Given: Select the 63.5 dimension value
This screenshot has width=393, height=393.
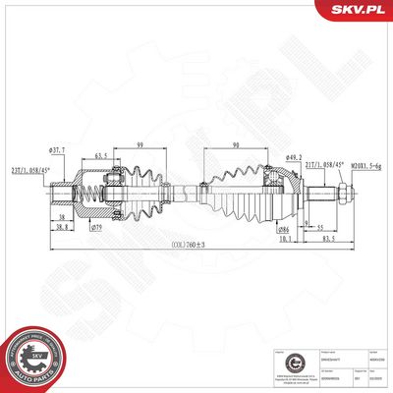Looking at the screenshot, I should (101, 155).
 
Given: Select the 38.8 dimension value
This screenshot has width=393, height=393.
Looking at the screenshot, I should (61, 228).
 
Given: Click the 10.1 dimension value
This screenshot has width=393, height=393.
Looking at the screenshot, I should (285, 238).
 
